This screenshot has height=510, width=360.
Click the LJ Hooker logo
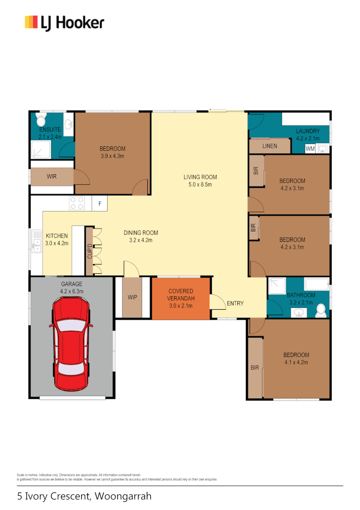click(x=64, y=23)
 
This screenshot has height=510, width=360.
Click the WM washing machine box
click(x=310, y=149)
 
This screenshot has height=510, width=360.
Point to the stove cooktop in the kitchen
click(x=77, y=203)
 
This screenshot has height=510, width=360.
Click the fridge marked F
click(x=100, y=204)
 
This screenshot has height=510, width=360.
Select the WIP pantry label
click(x=132, y=298)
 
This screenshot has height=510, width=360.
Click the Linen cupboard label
click(x=269, y=146)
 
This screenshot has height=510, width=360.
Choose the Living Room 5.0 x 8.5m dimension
click(x=200, y=185)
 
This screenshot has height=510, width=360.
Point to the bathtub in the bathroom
click(x=317, y=284)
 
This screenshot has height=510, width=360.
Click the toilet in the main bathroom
click(x=321, y=310)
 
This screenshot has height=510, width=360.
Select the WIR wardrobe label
click(x=52, y=177)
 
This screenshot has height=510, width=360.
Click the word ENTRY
click(x=235, y=303)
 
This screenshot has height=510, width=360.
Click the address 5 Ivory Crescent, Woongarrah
click(x=84, y=496)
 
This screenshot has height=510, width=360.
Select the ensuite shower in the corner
click(x=40, y=150)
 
